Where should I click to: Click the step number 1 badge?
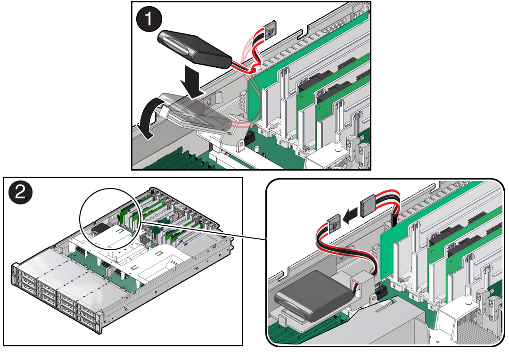[149, 19]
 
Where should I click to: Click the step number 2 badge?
[20, 193]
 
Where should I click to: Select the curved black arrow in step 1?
[148, 120]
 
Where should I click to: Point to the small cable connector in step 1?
[271, 31]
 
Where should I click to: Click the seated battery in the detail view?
[314, 294]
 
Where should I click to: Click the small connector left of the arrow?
[334, 224]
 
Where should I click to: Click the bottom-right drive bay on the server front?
[88, 320]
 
